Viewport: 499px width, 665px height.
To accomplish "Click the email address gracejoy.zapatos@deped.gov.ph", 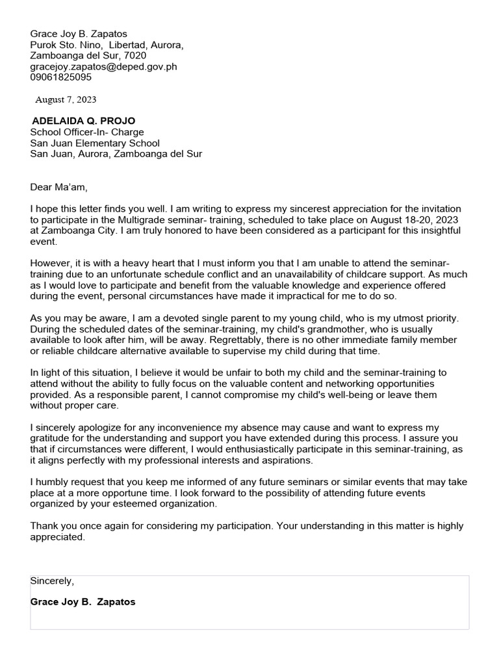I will (x=103, y=66).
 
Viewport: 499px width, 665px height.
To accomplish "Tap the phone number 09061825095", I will (x=61, y=77).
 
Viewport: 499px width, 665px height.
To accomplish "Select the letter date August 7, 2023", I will (x=66, y=99).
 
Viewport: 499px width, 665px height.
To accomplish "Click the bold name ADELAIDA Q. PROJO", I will (x=84, y=121).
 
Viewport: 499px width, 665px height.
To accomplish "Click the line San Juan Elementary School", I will (x=95, y=143).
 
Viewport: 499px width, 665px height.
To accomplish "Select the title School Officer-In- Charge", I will (x=87, y=132).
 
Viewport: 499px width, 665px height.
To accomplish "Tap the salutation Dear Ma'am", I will (x=58, y=188).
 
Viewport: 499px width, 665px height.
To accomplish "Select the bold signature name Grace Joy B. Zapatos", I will (x=83, y=602).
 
